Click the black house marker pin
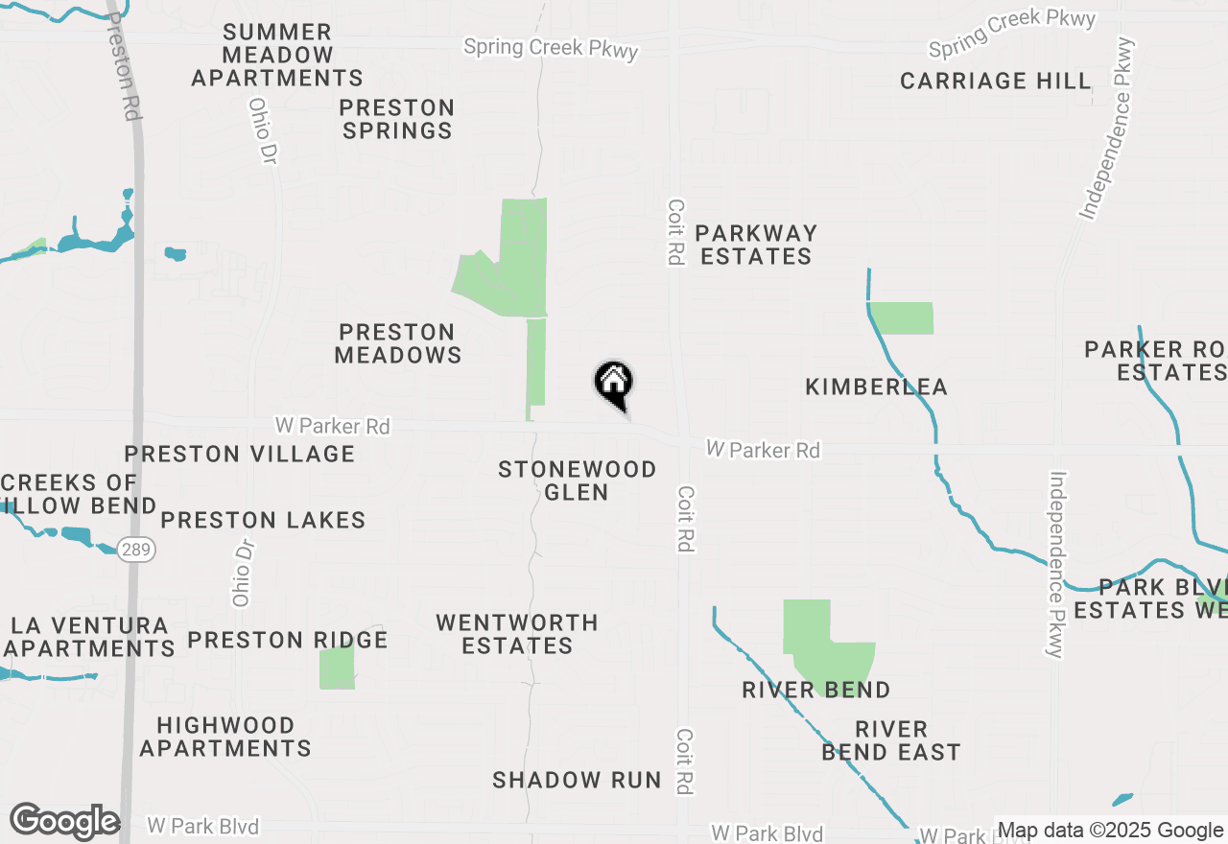click(614, 384)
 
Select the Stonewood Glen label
click(577, 481)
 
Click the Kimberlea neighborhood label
click(876, 387)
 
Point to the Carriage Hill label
click(996, 81)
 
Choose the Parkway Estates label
click(756, 245)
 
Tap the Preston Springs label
click(397, 119)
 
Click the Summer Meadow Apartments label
click(277, 56)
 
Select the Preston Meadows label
click(397, 343)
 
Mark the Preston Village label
click(240, 454)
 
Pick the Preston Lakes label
click(263, 520)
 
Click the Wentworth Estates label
click(517, 634)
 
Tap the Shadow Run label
click(577, 780)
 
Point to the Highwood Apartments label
click(225, 737)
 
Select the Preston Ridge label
click(288, 640)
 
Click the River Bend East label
click(891, 740)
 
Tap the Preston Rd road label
click(122, 67)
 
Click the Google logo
click(64, 822)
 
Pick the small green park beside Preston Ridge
click(337, 668)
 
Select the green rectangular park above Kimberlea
click(902, 318)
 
